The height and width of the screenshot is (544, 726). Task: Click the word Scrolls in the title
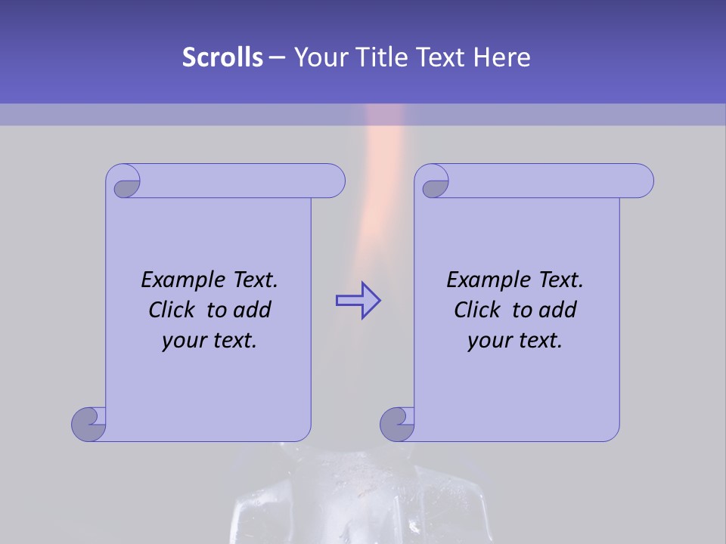tap(222, 57)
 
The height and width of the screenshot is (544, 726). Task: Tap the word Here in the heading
tap(502, 57)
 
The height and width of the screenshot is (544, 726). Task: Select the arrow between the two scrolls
tap(358, 301)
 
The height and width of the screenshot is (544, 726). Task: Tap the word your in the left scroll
tap(182, 341)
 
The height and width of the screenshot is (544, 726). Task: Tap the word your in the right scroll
tap(488, 341)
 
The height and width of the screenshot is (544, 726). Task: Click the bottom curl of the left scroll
tap(89, 424)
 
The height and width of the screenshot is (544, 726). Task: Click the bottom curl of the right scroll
tap(397, 424)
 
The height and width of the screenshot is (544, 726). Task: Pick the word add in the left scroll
tap(253, 310)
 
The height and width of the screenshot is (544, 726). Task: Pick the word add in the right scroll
tap(559, 310)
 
